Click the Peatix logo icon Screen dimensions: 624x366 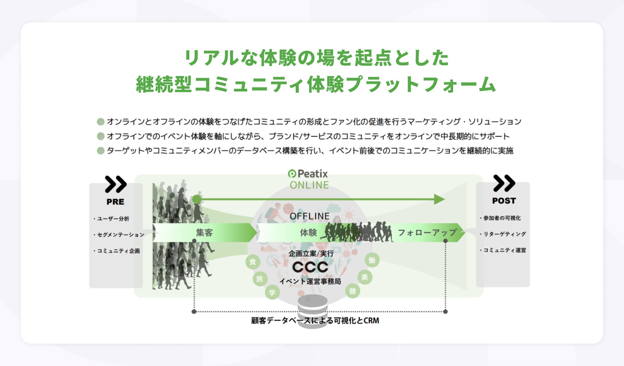point(292,174)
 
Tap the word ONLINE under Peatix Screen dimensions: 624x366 point(309,185)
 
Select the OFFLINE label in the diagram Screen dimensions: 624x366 point(309,216)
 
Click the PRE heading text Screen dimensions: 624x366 point(115,202)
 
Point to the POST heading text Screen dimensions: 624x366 point(504,201)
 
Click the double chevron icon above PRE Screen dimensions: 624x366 point(116,184)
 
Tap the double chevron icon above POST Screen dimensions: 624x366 point(504,183)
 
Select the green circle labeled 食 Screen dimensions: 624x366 point(253,262)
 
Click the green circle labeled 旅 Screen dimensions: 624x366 point(260,279)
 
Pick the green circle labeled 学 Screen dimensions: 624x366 point(272,292)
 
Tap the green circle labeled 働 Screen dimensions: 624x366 point(372,260)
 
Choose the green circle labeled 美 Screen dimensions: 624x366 point(364,277)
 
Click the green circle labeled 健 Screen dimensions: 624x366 point(353,291)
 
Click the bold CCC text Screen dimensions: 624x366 point(310,267)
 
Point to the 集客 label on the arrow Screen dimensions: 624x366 point(204,233)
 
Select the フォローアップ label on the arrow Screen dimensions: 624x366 point(427,233)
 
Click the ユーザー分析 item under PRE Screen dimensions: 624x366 point(113,219)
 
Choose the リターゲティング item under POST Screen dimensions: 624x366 point(504,234)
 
